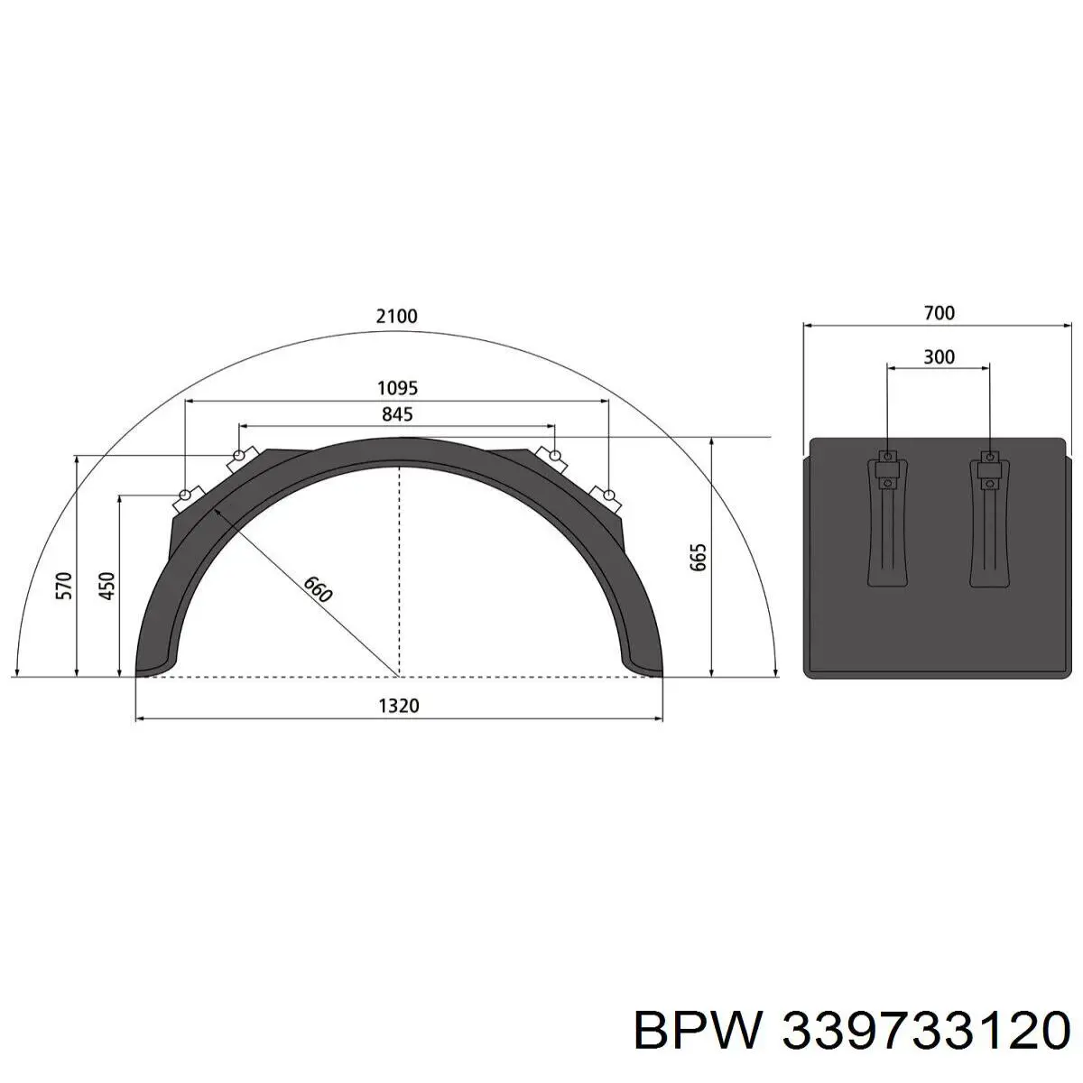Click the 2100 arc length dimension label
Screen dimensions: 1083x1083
pyautogui.click(x=397, y=317)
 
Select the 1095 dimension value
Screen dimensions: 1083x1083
pyautogui.click(x=397, y=388)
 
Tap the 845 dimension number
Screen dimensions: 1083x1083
pyautogui.click(x=397, y=415)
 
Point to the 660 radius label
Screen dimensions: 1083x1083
pyautogui.click(x=318, y=589)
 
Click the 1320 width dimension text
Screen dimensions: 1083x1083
pyautogui.click(x=399, y=706)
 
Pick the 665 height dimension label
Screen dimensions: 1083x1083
pyautogui.click(x=698, y=558)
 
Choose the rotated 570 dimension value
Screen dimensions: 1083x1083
pyautogui.click(x=65, y=586)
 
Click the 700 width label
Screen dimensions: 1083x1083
pyautogui.click(x=940, y=313)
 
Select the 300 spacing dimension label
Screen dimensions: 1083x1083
pyautogui.click(x=939, y=356)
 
